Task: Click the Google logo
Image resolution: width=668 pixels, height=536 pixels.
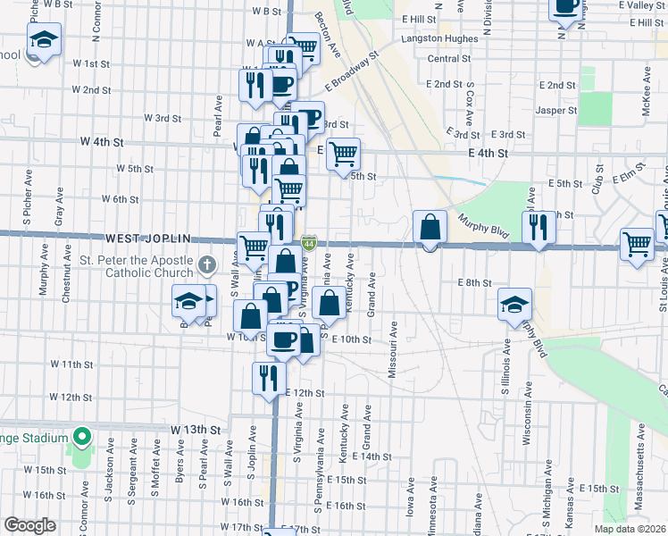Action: [x=29, y=525]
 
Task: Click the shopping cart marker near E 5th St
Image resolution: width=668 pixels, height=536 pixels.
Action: [x=343, y=154]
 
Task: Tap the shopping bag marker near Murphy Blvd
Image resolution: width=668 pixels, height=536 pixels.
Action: [x=430, y=227]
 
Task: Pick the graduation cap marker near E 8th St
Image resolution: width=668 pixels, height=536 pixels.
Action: [x=515, y=305]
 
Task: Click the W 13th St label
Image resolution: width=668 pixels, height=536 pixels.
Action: [x=195, y=430]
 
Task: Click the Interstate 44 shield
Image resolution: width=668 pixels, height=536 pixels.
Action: [x=308, y=242]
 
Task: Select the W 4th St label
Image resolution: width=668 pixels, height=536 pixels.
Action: [x=100, y=141]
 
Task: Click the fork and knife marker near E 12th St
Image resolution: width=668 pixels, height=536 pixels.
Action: [x=267, y=378]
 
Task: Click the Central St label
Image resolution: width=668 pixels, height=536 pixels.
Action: [x=449, y=59]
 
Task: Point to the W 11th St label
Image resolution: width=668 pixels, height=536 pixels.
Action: [x=71, y=364]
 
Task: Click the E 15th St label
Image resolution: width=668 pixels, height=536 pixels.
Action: [x=599, y=489]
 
